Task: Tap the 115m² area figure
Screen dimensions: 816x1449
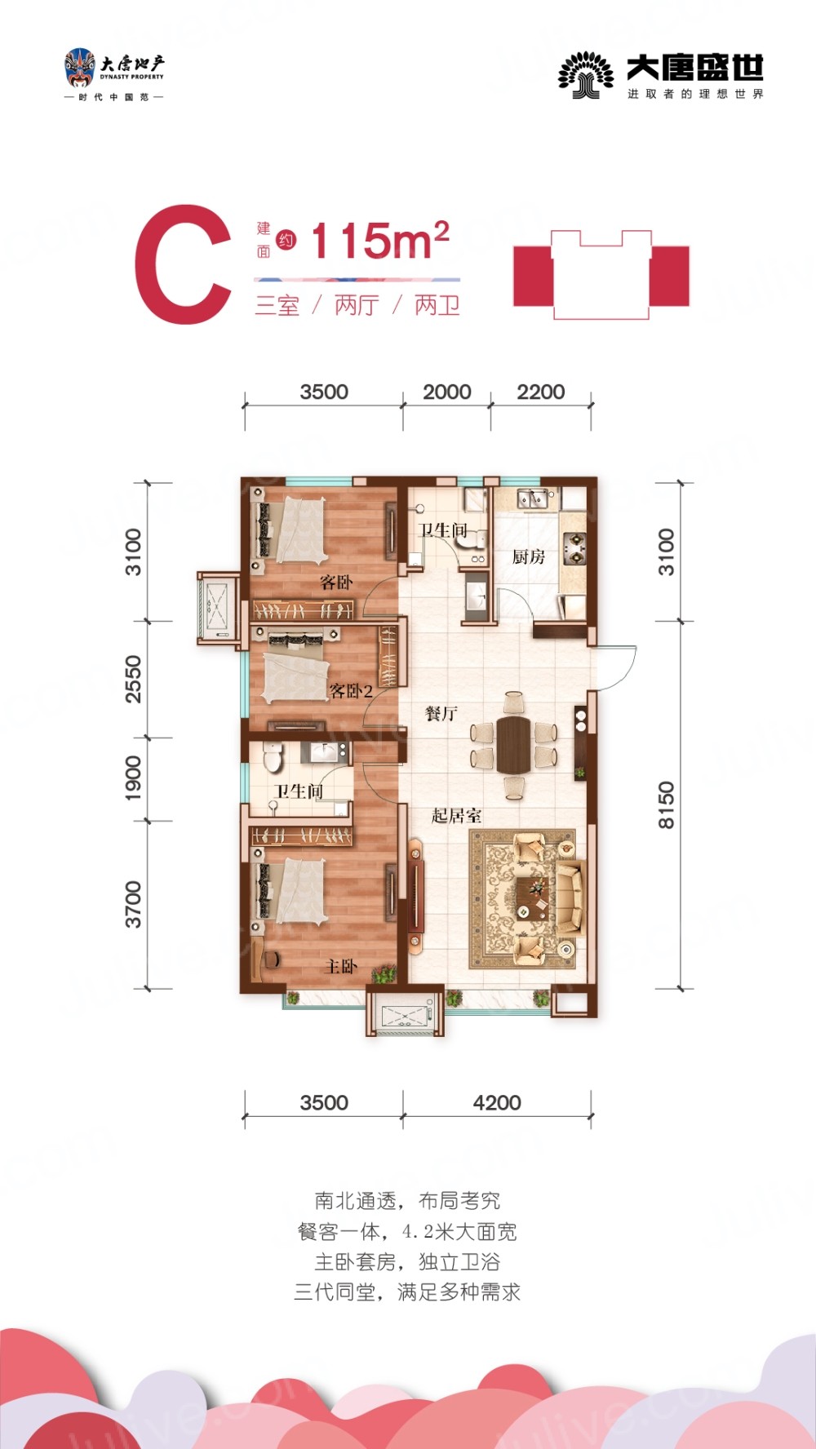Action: (x=380, y=241)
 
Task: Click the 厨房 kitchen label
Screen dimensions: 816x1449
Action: (x=528, y=556)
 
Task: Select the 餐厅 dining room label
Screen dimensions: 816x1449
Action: (x=441, y=713)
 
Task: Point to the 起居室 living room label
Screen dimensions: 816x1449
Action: (x=456, y=815)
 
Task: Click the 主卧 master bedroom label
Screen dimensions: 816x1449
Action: (x=341, y=966)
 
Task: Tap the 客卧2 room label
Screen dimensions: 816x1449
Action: (x=351, y=691)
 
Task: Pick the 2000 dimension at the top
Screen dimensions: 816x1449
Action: (x=446, y=392)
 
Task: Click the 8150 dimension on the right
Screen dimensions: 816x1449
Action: (x=667, y=804)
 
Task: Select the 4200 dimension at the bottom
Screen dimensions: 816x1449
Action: (x=497, y=1102)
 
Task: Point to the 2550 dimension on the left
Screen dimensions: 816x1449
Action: (x=133, y=679)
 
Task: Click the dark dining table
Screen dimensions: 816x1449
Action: (x=513, y=745)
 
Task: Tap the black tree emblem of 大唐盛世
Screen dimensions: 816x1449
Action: (x=585, y=75)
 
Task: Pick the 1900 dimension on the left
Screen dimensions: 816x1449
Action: (x=133, y=778)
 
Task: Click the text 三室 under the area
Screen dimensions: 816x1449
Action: (x=277, y=305)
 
